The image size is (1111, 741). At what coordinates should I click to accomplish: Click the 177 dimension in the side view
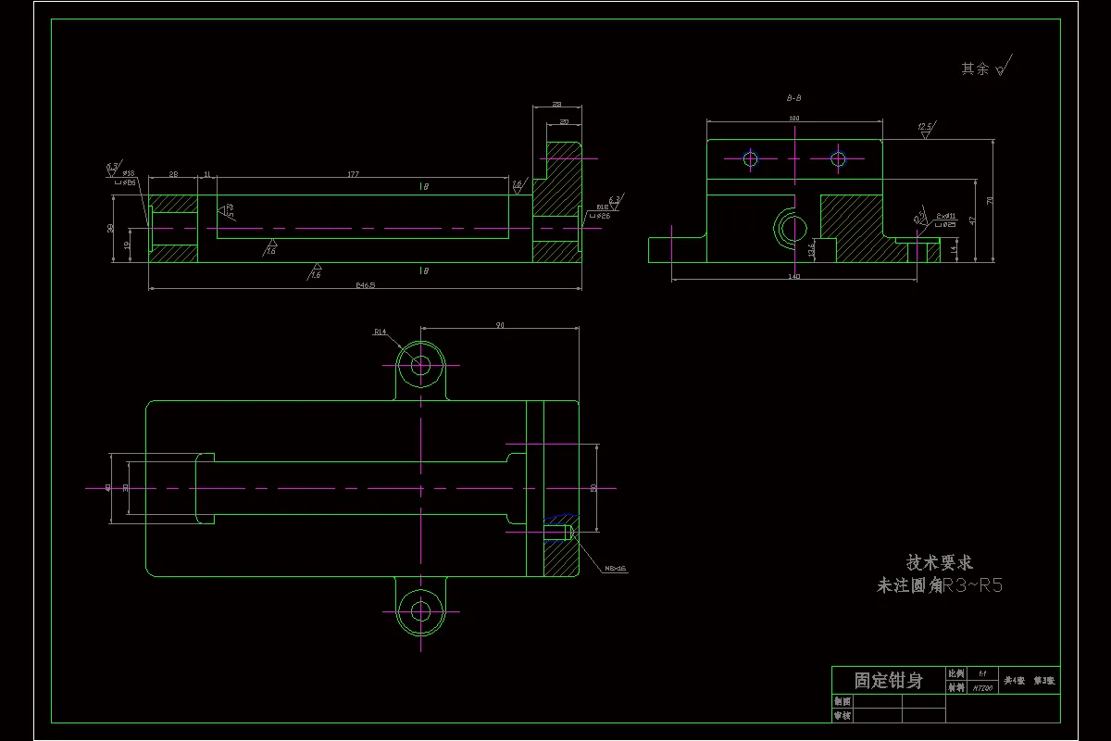click(x=353, y=173)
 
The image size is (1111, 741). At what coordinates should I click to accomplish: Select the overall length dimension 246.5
click(x=366, y=285)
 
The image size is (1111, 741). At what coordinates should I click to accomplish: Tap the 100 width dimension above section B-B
click(x=793, y=119)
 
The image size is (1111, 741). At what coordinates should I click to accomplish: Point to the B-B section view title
click(x=793, y=97)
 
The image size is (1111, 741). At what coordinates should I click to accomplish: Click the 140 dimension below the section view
click(x=793, y=276)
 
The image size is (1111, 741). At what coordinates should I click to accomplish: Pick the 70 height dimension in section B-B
click(x=991, y=200)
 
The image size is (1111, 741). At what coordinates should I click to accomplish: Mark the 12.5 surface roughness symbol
click(x=925, y=128)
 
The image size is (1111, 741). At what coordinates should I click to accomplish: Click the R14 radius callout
click(x=380, y=331)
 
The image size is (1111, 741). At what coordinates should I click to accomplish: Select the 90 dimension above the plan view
click(x=500, y=325)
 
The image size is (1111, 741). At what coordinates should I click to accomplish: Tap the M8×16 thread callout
click(x=615, y=569)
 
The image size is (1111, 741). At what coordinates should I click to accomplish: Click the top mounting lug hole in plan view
click(x=421, y=365)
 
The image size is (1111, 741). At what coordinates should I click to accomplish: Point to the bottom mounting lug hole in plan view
click(x=421, y=610)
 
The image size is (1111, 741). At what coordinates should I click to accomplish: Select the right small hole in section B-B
click(x=838, y=158)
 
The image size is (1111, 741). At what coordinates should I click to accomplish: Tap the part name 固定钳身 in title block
click(x=888, y=681)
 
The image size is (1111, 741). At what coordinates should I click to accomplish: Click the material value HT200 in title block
click(x=981, y=688)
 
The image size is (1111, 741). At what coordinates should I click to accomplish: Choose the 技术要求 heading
click(x=939, y=562)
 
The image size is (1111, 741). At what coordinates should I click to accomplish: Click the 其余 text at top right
click(x=975, y=69)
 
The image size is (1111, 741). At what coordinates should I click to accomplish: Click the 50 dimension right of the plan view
click(x=593, y=487)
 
